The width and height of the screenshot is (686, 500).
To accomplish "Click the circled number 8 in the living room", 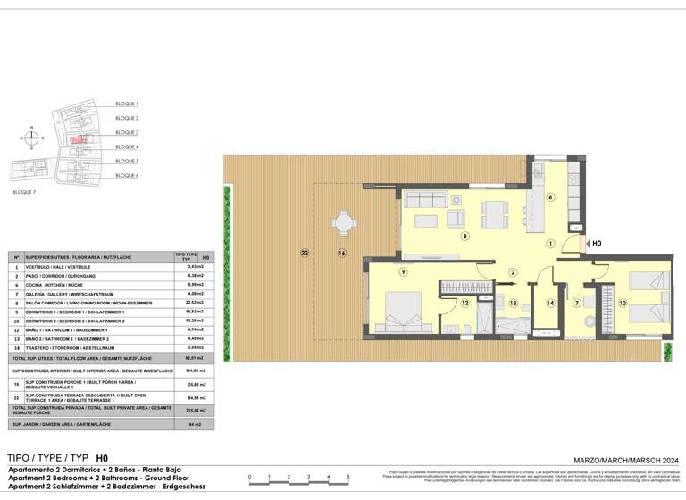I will (464, 237).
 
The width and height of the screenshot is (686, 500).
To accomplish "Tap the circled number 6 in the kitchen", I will (551, 197).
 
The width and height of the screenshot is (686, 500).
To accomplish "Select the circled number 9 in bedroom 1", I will (403, 271).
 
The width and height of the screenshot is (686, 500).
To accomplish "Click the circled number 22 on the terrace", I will (305, 253).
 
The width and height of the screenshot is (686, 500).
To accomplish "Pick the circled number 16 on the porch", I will (341, 253).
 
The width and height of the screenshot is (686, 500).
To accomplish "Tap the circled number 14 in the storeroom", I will (550, 304).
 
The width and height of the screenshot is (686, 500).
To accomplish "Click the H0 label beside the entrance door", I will (598, 243).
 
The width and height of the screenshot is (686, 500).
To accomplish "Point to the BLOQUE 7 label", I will (25, 192).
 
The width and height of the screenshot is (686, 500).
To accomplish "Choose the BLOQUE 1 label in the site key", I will (127, 104).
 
